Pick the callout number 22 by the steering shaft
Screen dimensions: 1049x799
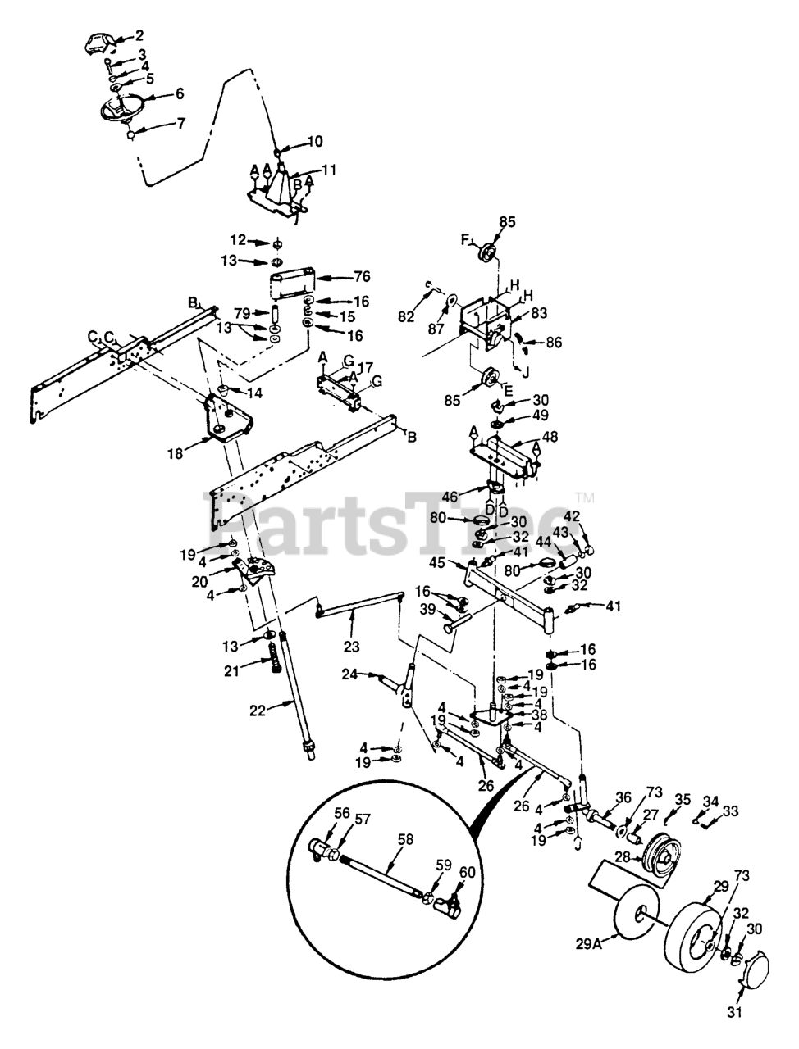tap(258, 711)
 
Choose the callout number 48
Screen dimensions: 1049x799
tap(549, 436)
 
